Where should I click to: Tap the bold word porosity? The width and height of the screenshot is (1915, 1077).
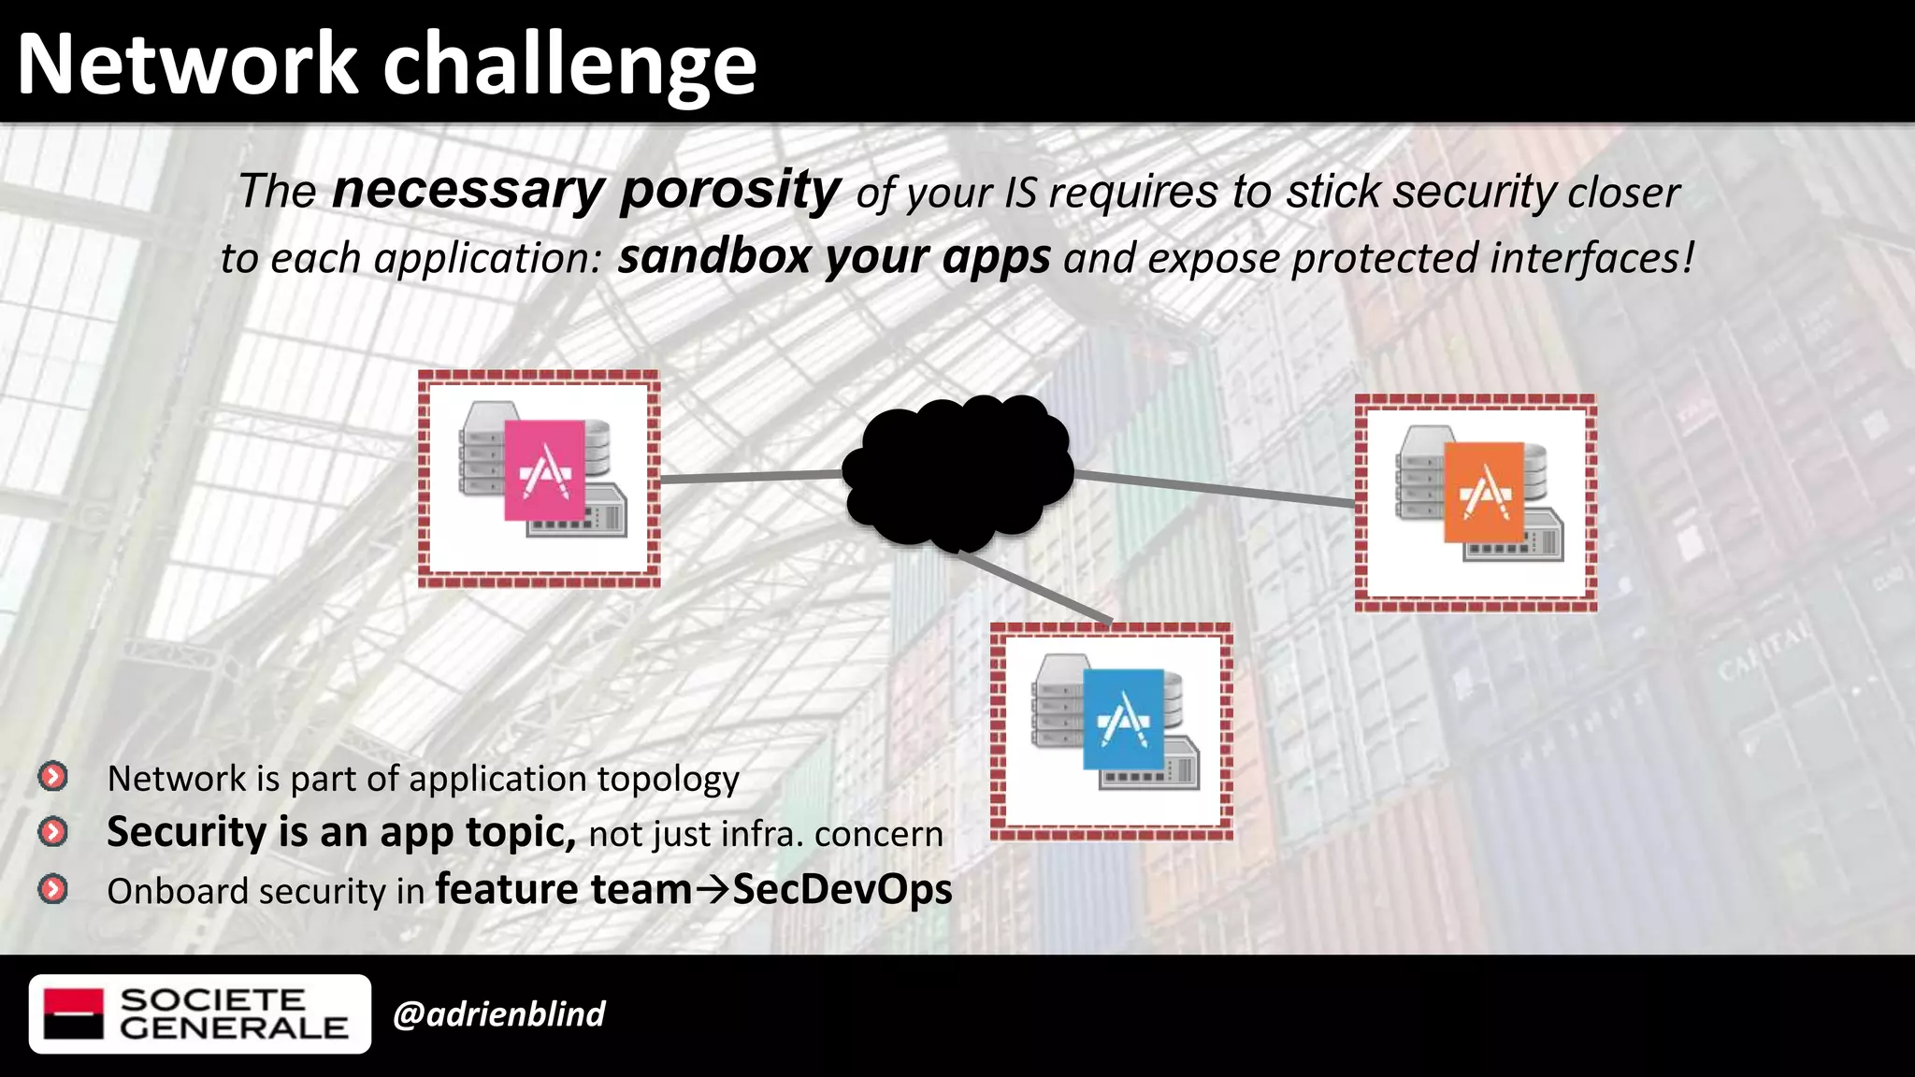[x=730, y=191]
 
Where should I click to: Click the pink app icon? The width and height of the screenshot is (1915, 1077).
[x=544, y=470]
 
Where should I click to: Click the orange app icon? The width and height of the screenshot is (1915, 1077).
[x=1484, y=493]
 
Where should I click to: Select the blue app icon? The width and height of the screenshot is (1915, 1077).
[x=1123, y=719]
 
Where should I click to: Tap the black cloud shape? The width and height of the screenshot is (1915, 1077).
[x=957, y=473]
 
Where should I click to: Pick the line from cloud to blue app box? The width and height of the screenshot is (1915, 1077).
[x=1034, y=587]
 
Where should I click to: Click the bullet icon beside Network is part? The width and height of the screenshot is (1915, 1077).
[x=53, y=776]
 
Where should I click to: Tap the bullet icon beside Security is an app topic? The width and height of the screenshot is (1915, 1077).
[x=53, y=832]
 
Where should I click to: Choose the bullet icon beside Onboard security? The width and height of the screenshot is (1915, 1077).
[x=53, y=889]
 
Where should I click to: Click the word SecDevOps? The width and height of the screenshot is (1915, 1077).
[x=842, y=889]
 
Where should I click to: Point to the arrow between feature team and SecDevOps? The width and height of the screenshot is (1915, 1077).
[x=712, y=890]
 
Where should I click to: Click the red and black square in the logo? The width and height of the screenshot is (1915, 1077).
[x=74, y=1014]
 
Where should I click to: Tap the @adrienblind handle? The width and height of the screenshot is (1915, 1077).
[x=499, y=1014]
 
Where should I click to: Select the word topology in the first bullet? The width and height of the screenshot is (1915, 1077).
[x=668, y=780]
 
